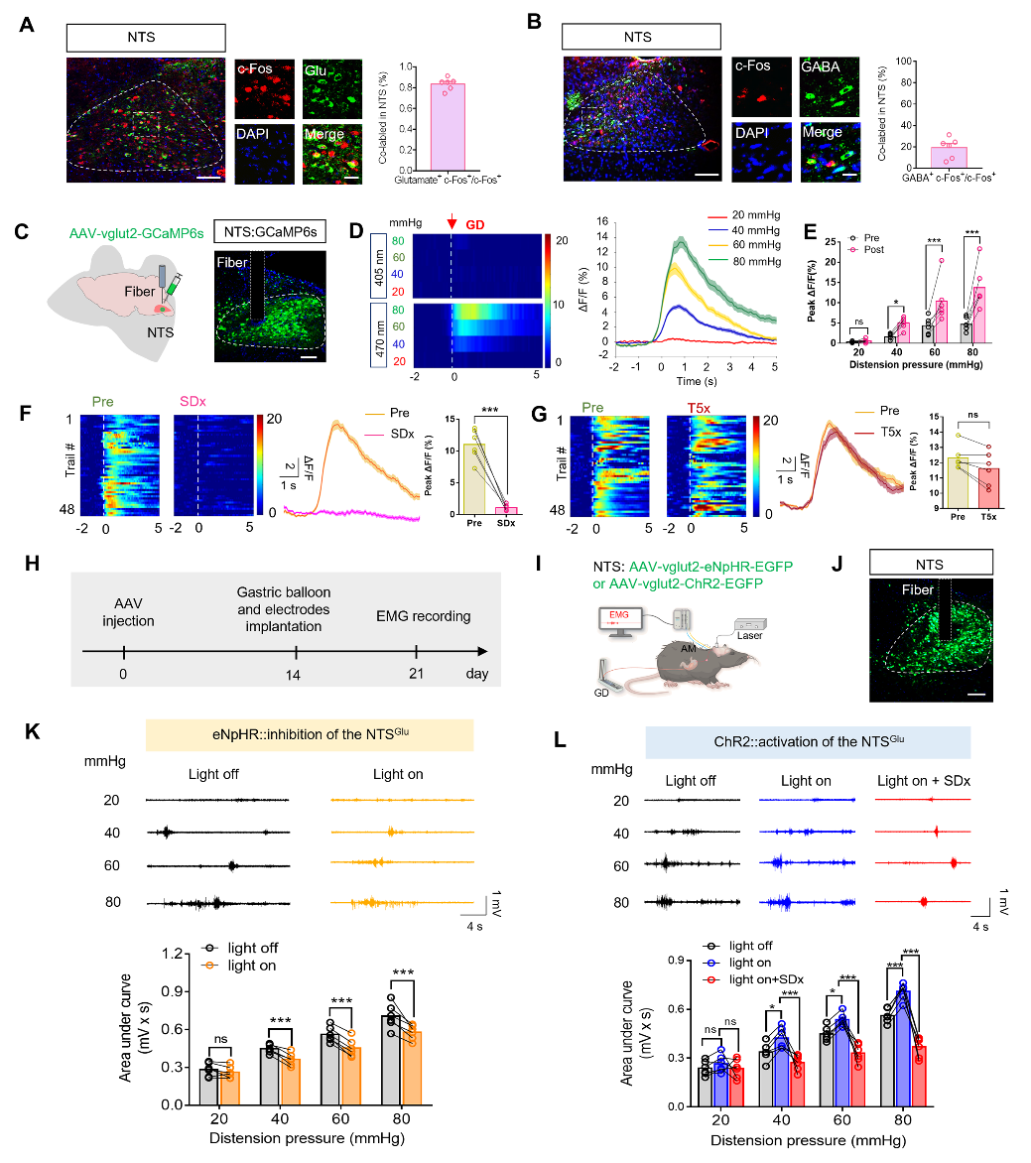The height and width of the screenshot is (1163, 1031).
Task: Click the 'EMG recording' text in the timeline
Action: (424, 616)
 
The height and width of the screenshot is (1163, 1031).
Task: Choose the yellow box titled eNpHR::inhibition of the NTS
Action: (310, 735)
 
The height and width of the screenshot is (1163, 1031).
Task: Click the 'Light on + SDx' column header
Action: (923, 781)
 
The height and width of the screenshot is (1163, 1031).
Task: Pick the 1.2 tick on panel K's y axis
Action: (176, 955)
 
